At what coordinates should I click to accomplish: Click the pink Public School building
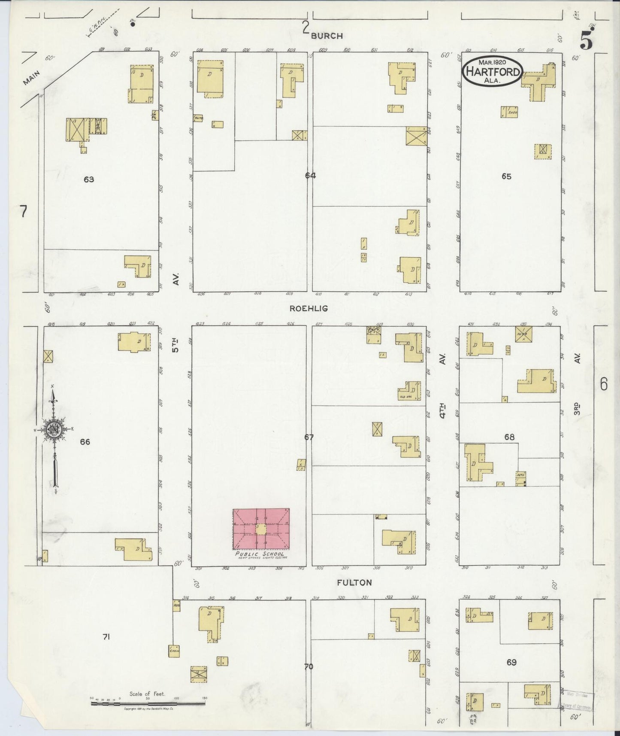point(261,529)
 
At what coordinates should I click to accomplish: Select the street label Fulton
point(354,583)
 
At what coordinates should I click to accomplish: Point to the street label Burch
point(327,36)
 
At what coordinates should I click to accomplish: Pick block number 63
point(89,179)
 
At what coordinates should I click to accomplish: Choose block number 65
point(506,176)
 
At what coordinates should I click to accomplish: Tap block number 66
point(85,441)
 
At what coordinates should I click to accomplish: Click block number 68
point(509,437)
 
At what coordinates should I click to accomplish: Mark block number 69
point(511,663)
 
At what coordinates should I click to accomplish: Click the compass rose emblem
point(54,429)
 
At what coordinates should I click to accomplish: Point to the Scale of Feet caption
point(147,693)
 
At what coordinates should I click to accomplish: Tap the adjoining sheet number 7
point(23,211)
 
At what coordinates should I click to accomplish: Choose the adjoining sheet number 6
point(604,384)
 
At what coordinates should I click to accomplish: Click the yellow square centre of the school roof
point(261,529)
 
